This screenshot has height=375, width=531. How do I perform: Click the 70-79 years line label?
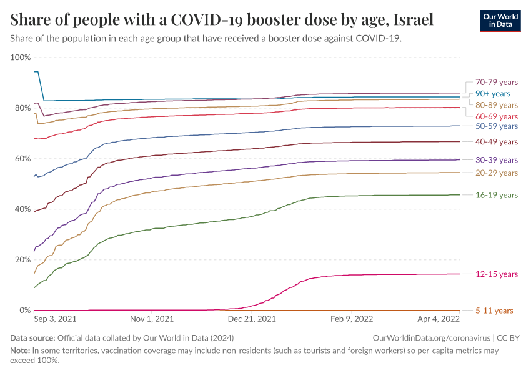(x=497, y=82)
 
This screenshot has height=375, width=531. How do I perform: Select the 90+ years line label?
(x=493, y=93)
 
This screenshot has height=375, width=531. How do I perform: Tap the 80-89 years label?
(x=497, y=105)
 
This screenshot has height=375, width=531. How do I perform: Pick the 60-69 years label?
(x=497, y=116)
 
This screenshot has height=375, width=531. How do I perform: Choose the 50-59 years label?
(x=497, y=126)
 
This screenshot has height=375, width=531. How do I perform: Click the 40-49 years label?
(x=497, y=142)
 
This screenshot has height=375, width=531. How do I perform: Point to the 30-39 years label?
(x=497, y=160)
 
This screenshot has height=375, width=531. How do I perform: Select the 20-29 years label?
(x=497, y=172)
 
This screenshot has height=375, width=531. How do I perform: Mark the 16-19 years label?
(x=497, y=195)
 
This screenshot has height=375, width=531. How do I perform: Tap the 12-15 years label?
(x=497, y=274)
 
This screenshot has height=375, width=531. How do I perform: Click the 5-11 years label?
(x=494, y=311)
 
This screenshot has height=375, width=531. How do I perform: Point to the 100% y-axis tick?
(x=21, y=57)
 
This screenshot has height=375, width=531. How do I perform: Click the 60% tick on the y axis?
(x=22, y=159)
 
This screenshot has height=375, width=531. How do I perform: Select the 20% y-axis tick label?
(x=22, y=260)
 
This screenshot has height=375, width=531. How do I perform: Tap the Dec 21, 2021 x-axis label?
(x=253, y=319)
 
